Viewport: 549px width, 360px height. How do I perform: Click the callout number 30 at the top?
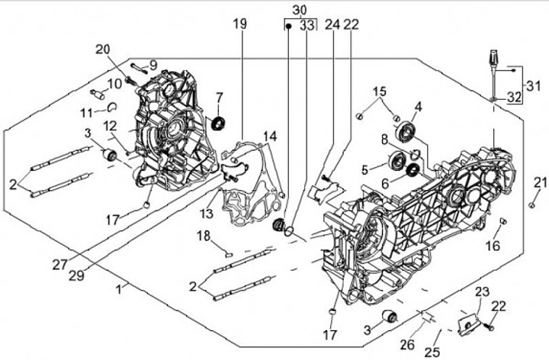pyautogui.click(x=299, y=9)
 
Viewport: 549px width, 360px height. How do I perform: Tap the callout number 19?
pyautogui.click(x=240, y=24)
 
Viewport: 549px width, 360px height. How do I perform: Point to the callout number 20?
pyautogui.click(x=103, y=50)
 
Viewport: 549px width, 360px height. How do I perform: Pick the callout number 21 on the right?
pyautogui.click(x=540, y=182)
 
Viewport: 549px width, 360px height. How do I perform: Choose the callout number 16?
pyautogui.click(x=493, y=246)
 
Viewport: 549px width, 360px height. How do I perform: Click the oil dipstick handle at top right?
pyautogui.click(x=493, y=59)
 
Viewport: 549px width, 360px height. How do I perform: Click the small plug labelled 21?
pyautogui.click(x=531, y=205)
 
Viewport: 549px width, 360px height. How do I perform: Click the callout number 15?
pyautogui.click(x=379, y=92)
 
